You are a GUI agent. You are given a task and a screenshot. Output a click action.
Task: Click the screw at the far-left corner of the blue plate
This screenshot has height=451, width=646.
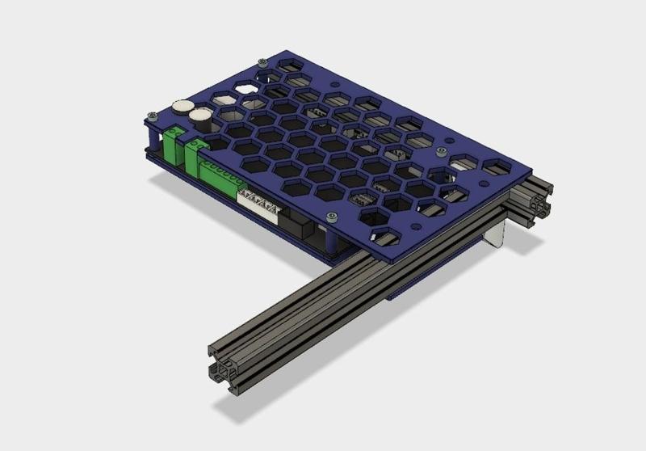coord(149,116)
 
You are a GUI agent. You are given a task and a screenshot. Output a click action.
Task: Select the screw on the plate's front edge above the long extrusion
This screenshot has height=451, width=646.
coord(332,217)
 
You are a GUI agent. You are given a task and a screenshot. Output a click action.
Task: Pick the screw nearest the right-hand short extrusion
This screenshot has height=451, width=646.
coord(440,151)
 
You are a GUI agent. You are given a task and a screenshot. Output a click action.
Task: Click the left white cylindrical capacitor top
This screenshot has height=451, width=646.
coord(181,106)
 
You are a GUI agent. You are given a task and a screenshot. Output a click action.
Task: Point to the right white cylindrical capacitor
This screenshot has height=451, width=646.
coord(201,119)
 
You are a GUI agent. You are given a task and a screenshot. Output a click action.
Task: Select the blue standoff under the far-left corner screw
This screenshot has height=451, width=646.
coord(149,134)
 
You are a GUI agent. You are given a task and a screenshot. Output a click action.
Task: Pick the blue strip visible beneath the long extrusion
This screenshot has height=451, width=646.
coord(404,293)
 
